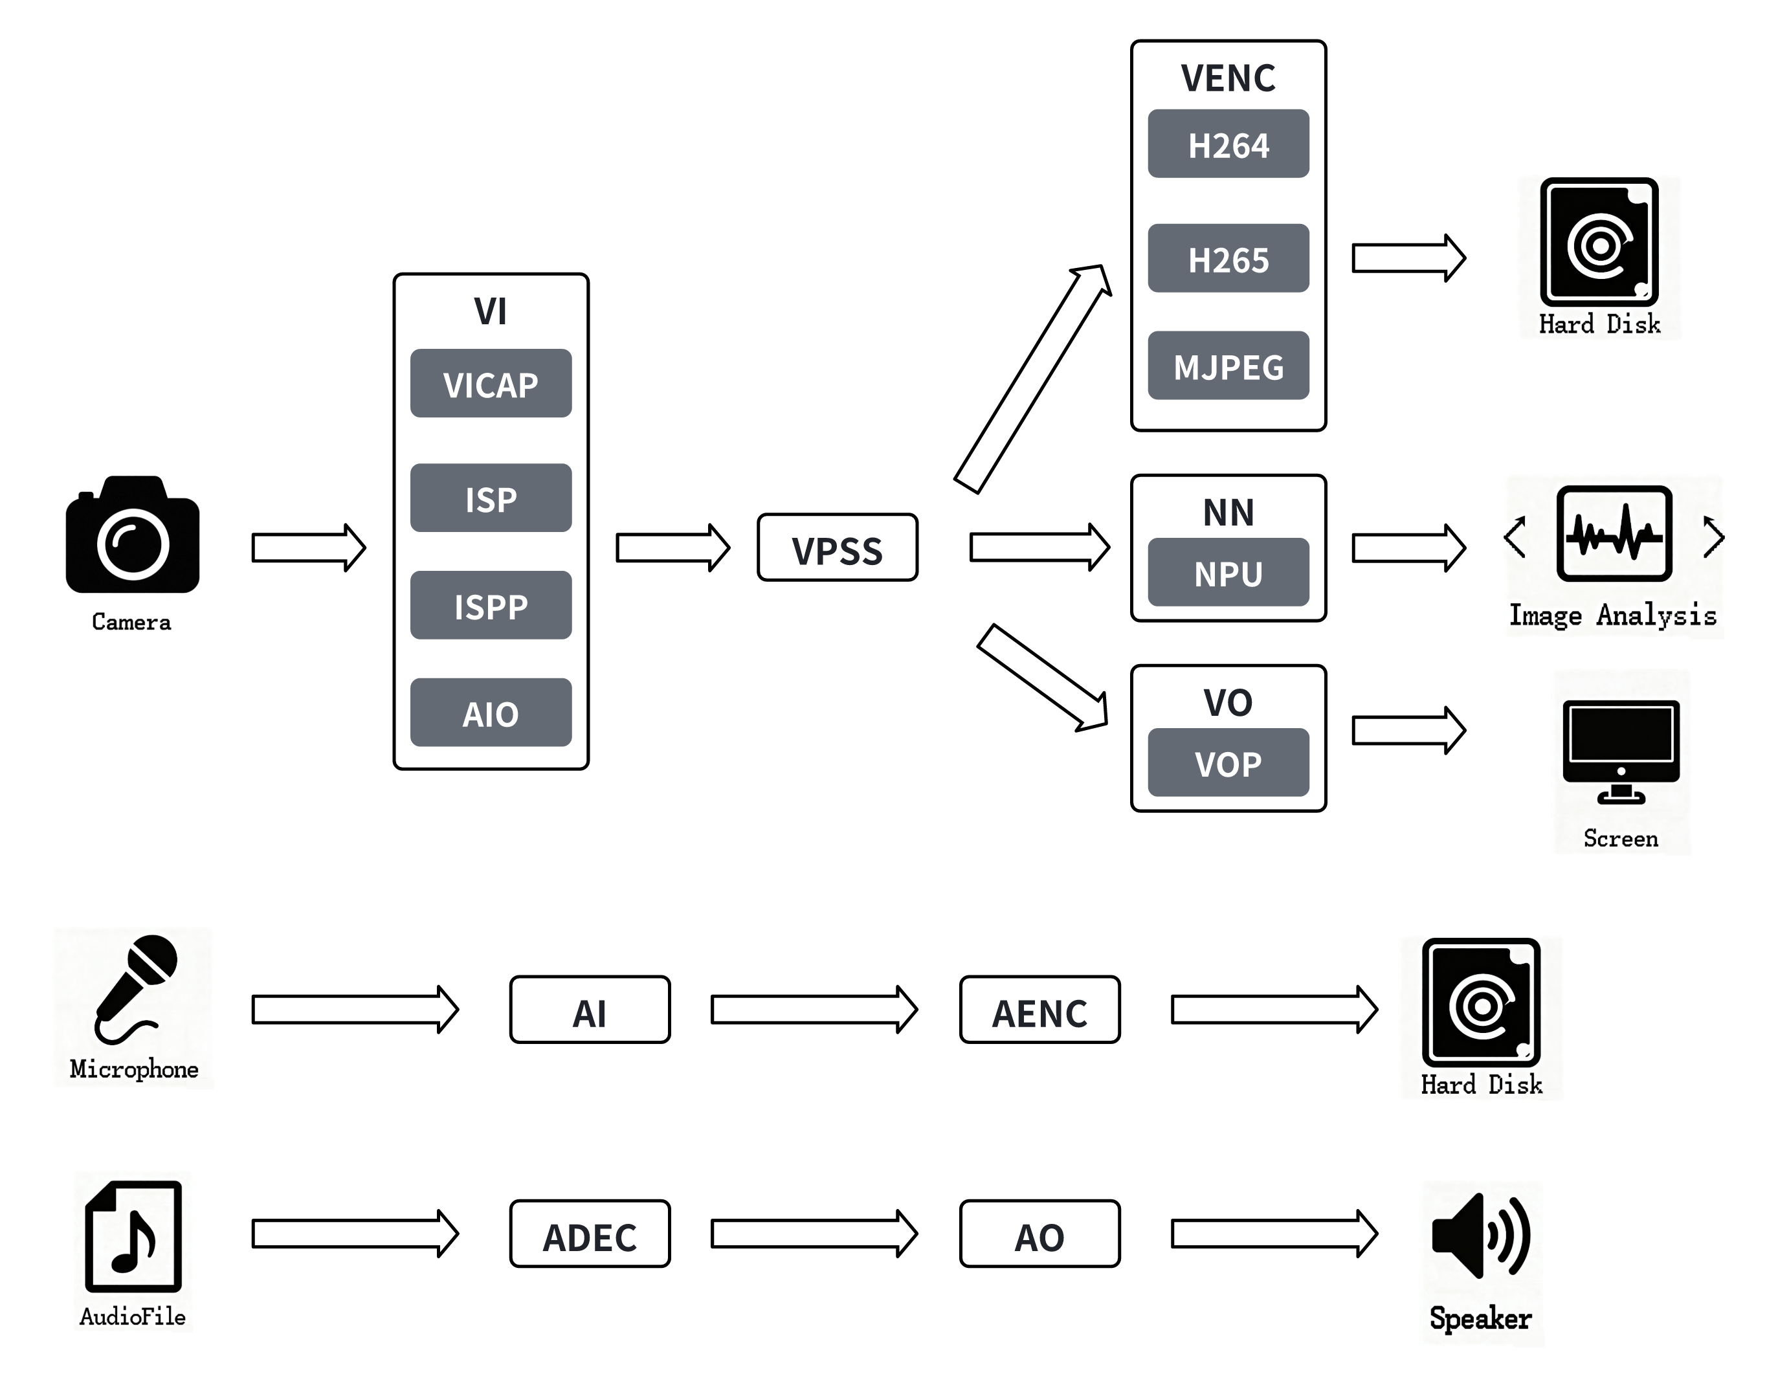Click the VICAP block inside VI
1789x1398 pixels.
pos(491,383)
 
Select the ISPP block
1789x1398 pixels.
pos(491,605)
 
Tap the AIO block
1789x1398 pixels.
pos(491,713)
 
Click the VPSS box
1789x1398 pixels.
pos(837,548)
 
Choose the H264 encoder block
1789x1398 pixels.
pos(1228,144)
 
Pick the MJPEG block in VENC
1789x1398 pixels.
pos(1228,366)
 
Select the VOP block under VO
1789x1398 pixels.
pos(1228,762)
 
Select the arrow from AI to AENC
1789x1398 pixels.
pos(814,1010)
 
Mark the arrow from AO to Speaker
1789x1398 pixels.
pos(1274,1234)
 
